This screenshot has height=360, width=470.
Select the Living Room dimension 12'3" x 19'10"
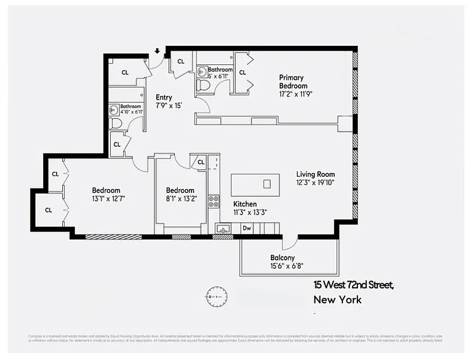pyautogui.click(x=315, y=182)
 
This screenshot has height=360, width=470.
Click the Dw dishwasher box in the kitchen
pyautogui.click(x=246, y=228)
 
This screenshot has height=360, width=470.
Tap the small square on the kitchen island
pyautogui.click(x=267, y=184)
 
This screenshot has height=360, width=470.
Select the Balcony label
pyautogui.click(x=282, y=258)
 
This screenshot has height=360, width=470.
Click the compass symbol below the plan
pyautogui.click(x=217, y=297)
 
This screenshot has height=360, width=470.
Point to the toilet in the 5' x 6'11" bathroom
pyautogui.click(x=204, y=84)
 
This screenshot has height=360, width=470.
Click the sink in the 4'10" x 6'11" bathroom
pyautogui.click(x=114, y=109)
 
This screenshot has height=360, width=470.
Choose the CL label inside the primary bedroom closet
pyautogui.click(x=242, y=72)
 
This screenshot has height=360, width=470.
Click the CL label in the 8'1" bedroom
pyautogui.click(x=201, y=162)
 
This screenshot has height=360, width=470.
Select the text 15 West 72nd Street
pyautogui.click(x=354, y=285)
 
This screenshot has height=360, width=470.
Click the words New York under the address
pyautogui.click(x=337, y=300)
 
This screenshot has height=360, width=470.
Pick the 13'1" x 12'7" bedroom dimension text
pyautogui.click(x=106, y=198)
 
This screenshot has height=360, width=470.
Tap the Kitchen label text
pyautogui.click(x=245, y=204)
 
